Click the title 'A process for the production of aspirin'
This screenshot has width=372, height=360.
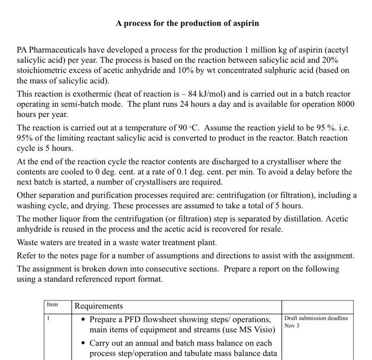[188, 23]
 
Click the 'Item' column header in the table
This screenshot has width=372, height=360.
[52, 305]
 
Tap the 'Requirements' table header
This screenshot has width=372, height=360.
[99, 306]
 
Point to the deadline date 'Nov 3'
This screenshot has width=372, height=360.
[292, 325]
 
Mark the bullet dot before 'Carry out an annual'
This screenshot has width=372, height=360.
[83, 343]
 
